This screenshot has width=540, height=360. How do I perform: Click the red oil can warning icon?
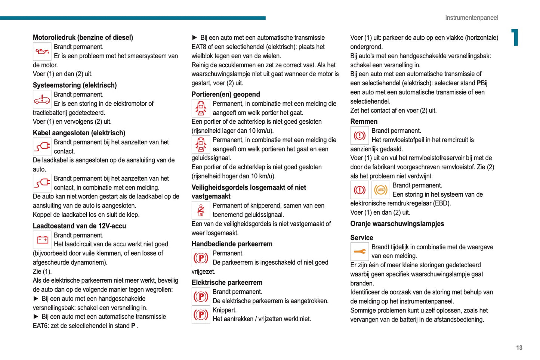[42, 52]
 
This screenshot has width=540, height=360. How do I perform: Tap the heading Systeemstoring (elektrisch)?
[75, 85]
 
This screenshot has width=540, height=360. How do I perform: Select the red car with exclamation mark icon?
[42, 99]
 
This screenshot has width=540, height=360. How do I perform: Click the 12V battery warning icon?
[42, 240]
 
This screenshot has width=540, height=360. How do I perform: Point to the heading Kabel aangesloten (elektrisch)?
[79, 133]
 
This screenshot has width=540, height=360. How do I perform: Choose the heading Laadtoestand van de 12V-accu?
[79, 226]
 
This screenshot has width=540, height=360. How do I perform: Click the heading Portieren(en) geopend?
[226, 94]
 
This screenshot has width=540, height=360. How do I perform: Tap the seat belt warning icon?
[201, 210]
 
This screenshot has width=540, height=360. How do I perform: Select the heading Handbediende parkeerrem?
[232, 244]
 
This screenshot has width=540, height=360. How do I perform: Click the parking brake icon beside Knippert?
[201, 315]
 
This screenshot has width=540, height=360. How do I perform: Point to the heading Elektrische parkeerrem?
[227, 283]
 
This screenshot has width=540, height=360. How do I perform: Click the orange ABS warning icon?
[381, 190]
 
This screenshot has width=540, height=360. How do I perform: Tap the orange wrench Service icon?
[360, 252]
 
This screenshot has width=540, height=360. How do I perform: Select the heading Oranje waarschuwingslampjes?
[397, 224]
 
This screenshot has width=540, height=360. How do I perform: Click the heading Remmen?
[364, 121]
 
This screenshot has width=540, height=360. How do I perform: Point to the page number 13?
[519, 348]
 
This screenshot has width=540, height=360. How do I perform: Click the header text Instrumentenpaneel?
[471, 18]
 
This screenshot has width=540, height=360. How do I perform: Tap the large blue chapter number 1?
[515, 37]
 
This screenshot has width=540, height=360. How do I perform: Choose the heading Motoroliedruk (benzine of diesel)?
[83, 37]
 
